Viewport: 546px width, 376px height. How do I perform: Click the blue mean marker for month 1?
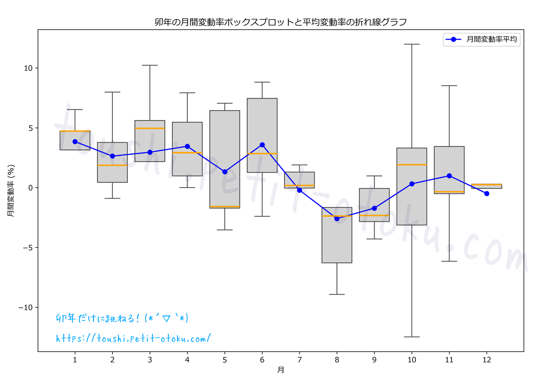[x=75, y=142]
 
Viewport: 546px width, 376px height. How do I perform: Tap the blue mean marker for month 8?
[x=337, y=218]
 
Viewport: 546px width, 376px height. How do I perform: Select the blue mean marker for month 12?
[x=486, y=193]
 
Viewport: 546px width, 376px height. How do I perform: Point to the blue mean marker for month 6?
[x=262, y=145]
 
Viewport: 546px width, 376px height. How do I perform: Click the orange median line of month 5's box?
[x=225, y=207]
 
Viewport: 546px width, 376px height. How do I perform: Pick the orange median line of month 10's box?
[x=412, y=164]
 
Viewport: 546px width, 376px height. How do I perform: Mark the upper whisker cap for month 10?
[x=412, y=44]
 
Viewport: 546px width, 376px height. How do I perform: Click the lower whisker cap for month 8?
[x=337, y=295]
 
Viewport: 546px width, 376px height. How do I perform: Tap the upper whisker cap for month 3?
[x=150, y=65]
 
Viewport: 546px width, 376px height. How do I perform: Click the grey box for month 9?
[x=374, y=205]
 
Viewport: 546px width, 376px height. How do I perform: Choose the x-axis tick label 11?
[x=449, y=360]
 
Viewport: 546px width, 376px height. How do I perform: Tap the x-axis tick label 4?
[x=187, y=360]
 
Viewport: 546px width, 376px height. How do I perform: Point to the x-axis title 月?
[x=281, y=370]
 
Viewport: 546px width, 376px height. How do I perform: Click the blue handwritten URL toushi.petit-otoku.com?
[x=133, y=338]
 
